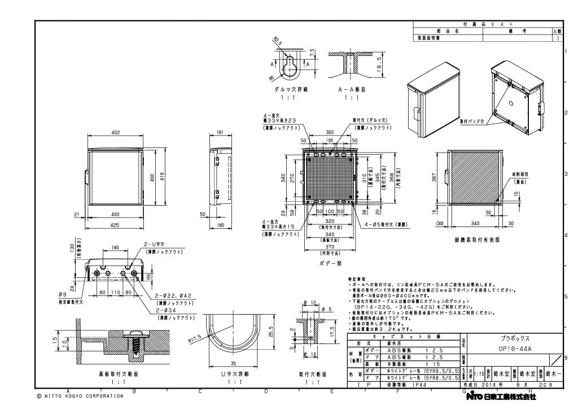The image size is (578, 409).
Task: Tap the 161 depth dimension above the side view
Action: pyautogui.click(x=220, y=133)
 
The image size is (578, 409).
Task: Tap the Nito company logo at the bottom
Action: pyautogui.click(x=501, y=397)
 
